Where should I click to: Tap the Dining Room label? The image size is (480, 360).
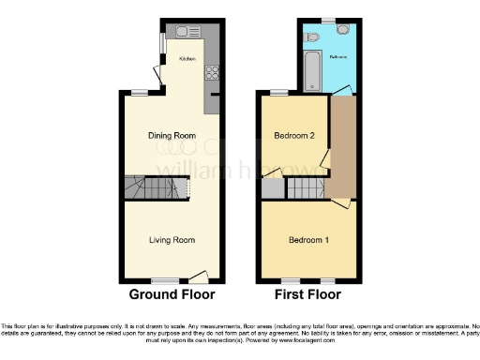click(x=172, y=136)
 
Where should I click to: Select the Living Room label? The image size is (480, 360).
click(x=172, y=240)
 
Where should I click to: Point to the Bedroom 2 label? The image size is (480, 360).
click(x=292, y=136)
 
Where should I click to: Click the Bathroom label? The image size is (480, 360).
click(x=339, y=57)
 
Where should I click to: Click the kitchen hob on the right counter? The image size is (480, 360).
click(x=213, y=72)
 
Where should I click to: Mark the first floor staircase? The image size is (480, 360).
click(x=305, y=190)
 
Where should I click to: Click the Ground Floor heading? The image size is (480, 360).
click(x=172, y=294)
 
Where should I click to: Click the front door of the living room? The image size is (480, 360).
click(x=198, y=277)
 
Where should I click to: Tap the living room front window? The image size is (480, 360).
click(x=167, y=280)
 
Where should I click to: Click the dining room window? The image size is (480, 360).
click(x=140, y=91)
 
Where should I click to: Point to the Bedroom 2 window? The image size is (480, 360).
click(x=278, y=92)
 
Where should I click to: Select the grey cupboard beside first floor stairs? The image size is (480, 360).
click(x=273, y=188)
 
